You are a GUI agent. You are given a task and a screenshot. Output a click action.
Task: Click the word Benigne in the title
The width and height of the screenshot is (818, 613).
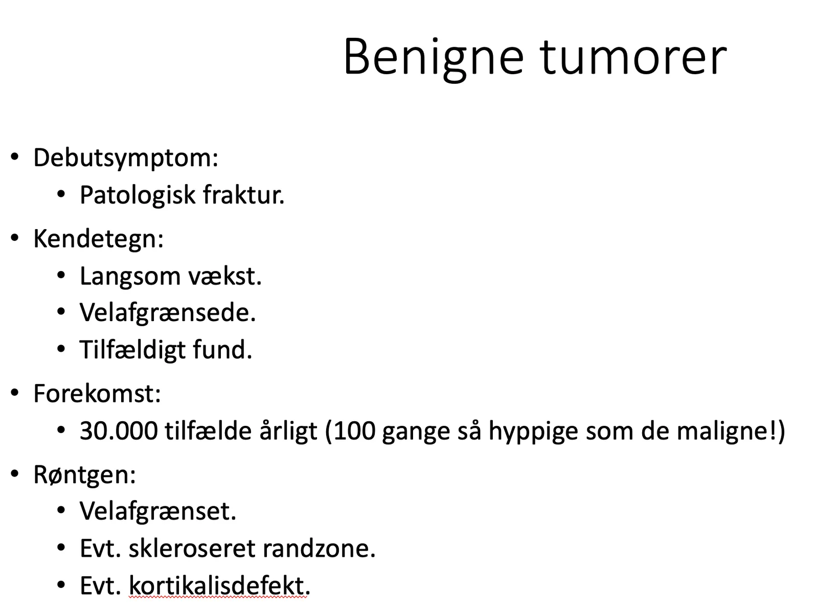pyautogui.click(x=434, y=58)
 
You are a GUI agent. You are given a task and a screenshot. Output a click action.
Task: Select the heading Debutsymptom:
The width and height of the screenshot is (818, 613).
pyautogui.click(x=126, y=158)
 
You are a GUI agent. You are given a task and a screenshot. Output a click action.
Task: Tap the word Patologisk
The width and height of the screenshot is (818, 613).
pyautogui.click(x=138, y=194)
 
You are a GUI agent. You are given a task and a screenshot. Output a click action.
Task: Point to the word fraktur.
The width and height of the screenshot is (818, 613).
pyautogui.click(x=244, y=194)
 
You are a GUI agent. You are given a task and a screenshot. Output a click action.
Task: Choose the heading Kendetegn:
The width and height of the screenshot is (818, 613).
pyautogui.click(x=98, y=239)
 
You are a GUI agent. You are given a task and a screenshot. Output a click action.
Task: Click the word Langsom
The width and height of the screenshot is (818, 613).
pyautogui.click(x=130, y=277)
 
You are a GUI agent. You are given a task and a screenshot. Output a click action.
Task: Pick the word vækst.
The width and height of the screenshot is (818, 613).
pyautogui.click(x=225, y=277)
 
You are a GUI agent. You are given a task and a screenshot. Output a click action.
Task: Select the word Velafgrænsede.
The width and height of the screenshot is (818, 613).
pyautogui.click(x=168, y=312)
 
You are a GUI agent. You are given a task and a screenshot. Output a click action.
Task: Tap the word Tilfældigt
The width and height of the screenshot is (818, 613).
pyautogui.click(x=132, y=350)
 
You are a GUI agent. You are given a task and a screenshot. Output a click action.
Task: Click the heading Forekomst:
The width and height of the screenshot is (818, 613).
pyautogui.click(x=97, y=394)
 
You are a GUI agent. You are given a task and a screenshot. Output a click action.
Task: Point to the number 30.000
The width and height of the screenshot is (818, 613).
pyautogui.click(x=119, y=431)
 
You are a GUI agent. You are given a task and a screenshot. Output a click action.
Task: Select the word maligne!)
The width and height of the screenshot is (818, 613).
pyautogui.click(x=731, y=432)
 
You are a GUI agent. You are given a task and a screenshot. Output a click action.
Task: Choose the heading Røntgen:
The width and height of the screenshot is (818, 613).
pyautogui.click(x=84, y=475)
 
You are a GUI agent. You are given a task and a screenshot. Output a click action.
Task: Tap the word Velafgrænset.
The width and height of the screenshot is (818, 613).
pyautogui.click(x=158, y=511)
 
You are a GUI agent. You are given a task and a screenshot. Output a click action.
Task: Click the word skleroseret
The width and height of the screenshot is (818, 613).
pyautogui.click(x=192, y=549)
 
